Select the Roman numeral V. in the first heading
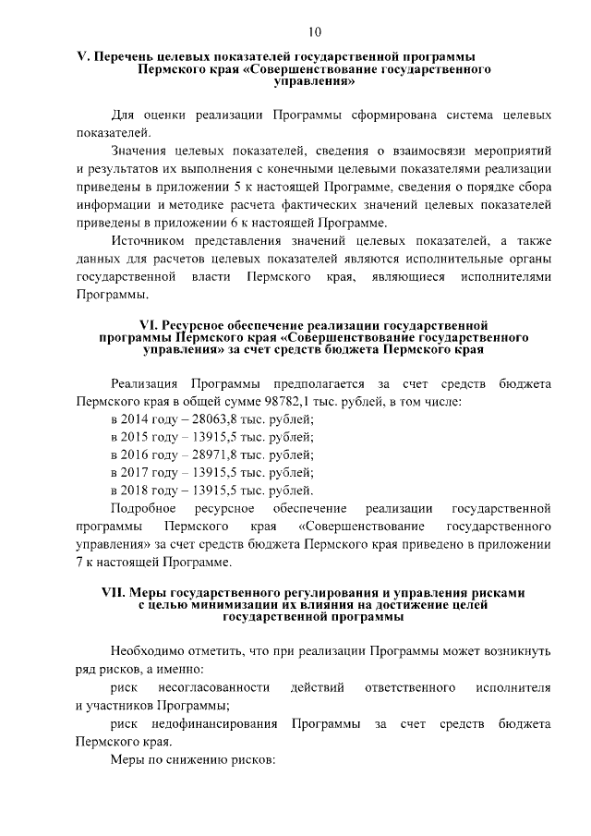click(x=81, y=56)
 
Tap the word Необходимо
click(x=152, y=650)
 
